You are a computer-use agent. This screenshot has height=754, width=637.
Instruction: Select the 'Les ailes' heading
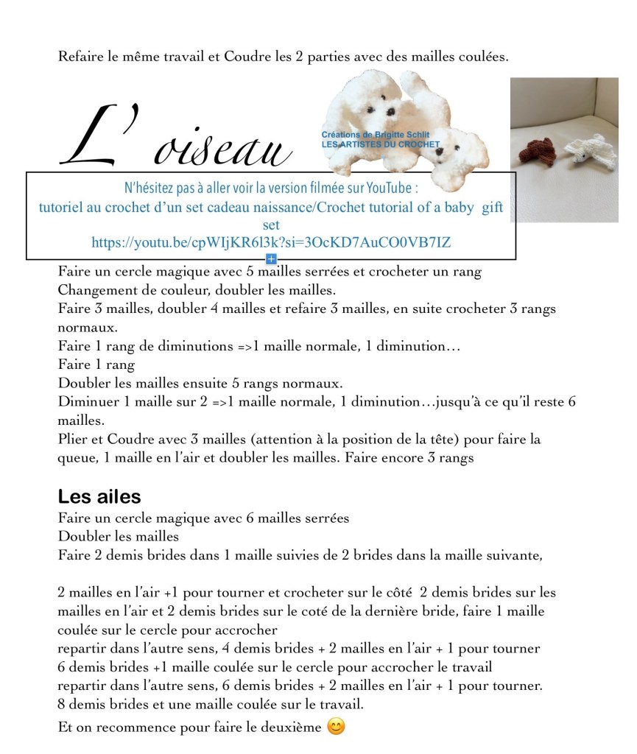click(x=99, y=496)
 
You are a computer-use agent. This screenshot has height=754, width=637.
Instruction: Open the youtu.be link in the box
click(x=271, y=242)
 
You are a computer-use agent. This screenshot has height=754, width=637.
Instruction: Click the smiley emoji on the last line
click(x=336, y=727)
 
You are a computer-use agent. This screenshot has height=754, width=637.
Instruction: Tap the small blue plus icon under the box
click(x=271, y=258)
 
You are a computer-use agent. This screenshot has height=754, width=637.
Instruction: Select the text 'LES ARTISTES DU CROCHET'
click(x=380, y=145)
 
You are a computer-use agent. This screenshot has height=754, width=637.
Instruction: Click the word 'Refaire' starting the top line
click(x=80, y=56)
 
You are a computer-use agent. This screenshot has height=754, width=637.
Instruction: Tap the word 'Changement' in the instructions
click(x=95, y=290)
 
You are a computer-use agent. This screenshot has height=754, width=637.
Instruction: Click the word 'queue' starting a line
click(x=75, y=457)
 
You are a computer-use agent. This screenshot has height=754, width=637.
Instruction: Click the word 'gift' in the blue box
click(x=492, y=207)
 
